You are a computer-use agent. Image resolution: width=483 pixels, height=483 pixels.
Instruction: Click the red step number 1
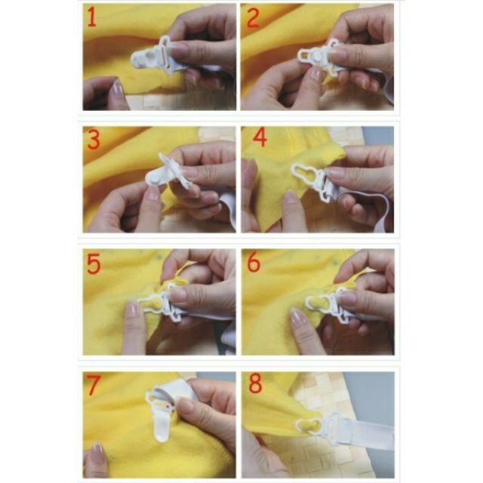point(91,17)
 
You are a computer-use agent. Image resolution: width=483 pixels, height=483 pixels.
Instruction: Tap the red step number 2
point(254,18)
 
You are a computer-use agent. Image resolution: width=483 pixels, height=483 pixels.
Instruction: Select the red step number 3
point(94,140)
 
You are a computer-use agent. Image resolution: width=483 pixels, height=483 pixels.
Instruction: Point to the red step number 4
point(260,138)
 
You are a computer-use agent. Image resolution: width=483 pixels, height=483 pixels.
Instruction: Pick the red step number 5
point(94,263)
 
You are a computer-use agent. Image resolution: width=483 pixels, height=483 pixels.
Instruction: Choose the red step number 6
point(254,263)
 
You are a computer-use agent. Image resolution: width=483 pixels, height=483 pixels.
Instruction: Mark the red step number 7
point(94,385)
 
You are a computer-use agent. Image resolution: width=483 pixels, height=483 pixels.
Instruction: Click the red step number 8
point(255,383)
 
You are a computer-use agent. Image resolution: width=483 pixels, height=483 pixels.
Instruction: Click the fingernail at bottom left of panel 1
point(118,87)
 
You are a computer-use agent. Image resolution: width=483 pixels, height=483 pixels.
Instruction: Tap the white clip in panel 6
point(327,303)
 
